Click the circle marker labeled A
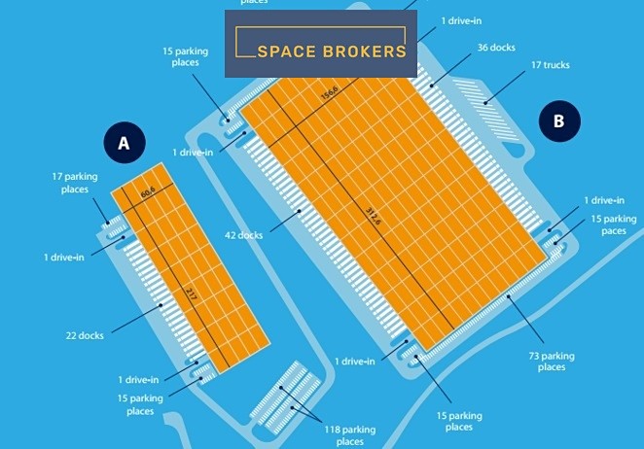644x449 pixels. click(x=124, y=144)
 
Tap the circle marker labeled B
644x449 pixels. click(x=558, y=121)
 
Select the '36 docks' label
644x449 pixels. click(x=496, y=47)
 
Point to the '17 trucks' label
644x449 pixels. click(x=550, y=65)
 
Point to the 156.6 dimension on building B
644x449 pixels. click(x=330, y=93)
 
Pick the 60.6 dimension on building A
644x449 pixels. click(x=148, y=193)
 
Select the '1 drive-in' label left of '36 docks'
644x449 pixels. click(x=463, y=20)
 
